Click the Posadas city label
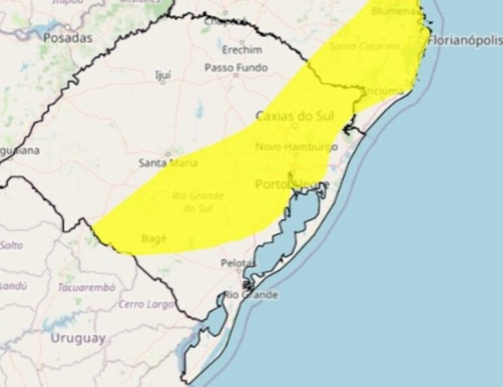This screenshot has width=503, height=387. tap(67, 37)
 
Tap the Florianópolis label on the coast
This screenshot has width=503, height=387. tap(464, 41)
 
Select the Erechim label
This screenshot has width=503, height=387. tap(242, 50)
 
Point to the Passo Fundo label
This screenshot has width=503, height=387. tap(236, 68)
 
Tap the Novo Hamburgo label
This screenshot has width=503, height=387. tap(296, 147)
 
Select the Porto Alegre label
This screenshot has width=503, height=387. tap(292, 184)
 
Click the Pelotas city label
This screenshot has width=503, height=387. tap(238, 263)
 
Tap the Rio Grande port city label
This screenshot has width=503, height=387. tap(251, 295)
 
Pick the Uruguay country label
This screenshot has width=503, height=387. tap(77, 338)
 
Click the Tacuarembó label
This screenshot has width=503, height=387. tap(86, 287)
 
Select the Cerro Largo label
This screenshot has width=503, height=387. tap(146, 304)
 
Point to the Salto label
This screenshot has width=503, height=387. tap(10, 245)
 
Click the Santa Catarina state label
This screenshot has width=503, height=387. tap(364, 47)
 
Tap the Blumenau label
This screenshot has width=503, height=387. tap(394, 11)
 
